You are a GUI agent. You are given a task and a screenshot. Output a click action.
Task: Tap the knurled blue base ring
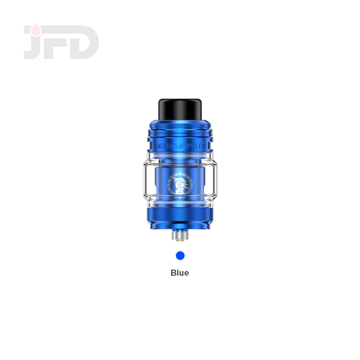[180, 215]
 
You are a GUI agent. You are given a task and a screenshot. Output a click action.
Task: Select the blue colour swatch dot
[180, 255]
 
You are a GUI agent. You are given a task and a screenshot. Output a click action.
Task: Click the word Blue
[180, 273]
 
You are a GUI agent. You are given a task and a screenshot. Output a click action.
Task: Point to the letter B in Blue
[174, 273]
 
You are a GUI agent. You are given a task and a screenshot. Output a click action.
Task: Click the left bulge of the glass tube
[144, 185]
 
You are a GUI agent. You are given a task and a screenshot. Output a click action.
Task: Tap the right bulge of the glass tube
[216, 185]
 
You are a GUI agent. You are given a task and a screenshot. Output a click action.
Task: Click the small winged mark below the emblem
[180, 196]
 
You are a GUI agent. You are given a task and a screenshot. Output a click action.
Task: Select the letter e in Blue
[186, 273]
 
